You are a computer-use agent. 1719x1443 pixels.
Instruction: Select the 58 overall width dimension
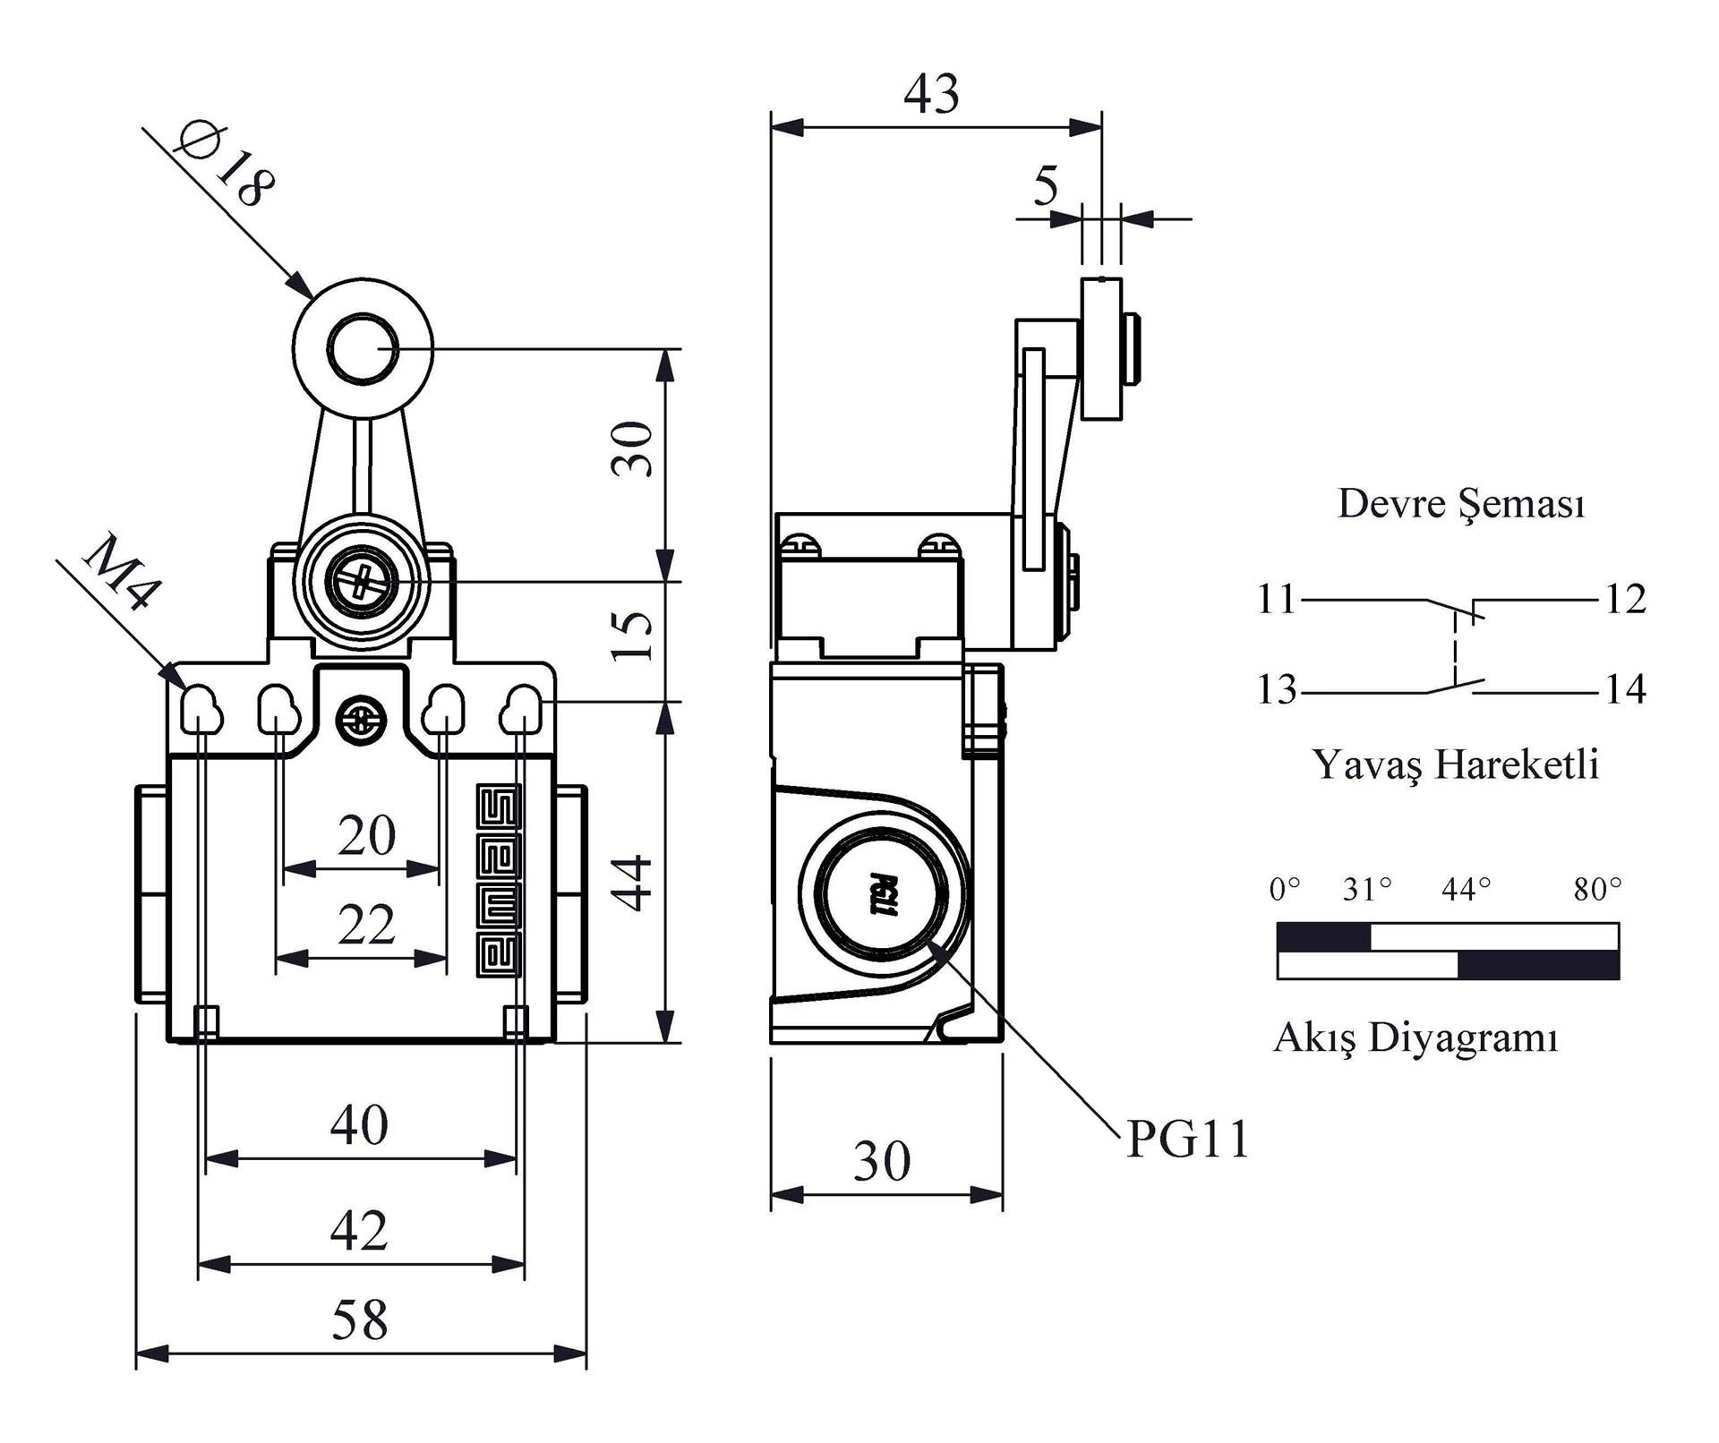point(360,1319)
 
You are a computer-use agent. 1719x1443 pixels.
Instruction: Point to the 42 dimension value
point(359,1230)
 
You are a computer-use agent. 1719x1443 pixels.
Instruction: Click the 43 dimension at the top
point(931,93)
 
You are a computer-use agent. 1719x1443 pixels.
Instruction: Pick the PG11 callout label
point(1187,1140)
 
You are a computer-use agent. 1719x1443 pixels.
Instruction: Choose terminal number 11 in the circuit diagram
point(1277,599)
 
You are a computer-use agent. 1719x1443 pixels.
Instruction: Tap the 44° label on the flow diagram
point(1467,889)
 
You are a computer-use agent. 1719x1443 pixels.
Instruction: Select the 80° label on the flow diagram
point(1598,889)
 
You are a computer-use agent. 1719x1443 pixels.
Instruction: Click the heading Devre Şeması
point(1461,503)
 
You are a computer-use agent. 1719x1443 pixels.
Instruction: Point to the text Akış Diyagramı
point(1415,1037)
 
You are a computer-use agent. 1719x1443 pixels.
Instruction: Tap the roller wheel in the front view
point(363,350)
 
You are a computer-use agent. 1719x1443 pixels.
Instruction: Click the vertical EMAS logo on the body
point(498,882)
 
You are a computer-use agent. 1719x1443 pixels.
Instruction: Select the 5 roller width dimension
point(1046,186)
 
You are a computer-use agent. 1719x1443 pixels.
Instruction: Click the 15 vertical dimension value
point(634,636)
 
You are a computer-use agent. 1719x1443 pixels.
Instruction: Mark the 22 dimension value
point(366,925)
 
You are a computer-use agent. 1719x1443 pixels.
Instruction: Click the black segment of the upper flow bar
point(1323,937)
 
